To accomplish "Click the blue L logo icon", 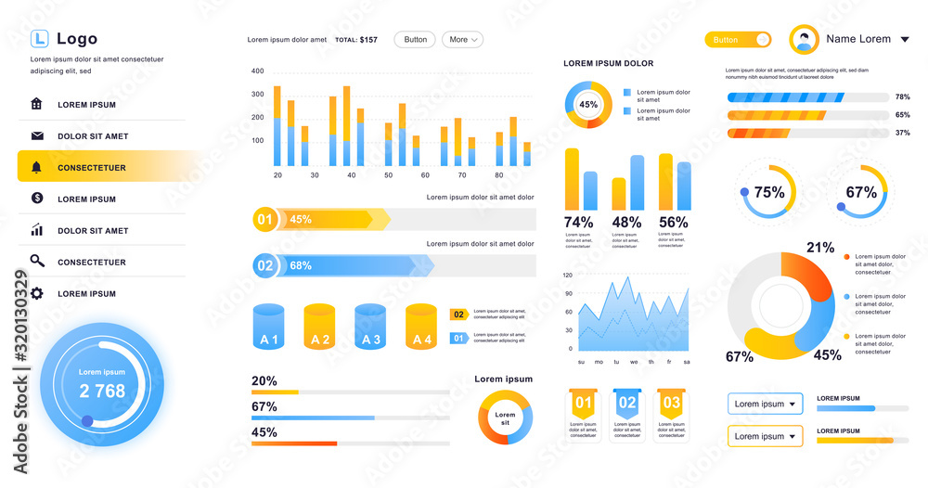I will point(39,38).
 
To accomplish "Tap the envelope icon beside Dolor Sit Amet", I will point(37,136).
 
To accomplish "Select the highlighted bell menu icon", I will point(37,168).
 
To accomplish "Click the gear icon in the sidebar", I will point(37,293).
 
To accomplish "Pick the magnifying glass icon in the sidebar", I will point(37,262).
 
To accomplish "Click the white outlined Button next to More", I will point(415,40).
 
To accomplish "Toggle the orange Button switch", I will point(738,40).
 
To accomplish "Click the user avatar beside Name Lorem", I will point(804,40).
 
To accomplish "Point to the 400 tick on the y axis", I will point(258,71).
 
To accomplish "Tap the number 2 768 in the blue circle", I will point(102,392).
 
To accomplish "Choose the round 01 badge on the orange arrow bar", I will point(264,220).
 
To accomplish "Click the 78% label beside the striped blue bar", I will point(902,97).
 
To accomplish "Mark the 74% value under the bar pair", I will point(579,223).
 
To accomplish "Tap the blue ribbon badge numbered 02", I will point(627,403).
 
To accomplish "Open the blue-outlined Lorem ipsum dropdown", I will point(765,405).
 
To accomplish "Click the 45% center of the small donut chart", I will point(588,105).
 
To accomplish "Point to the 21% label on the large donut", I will point(820,248).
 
